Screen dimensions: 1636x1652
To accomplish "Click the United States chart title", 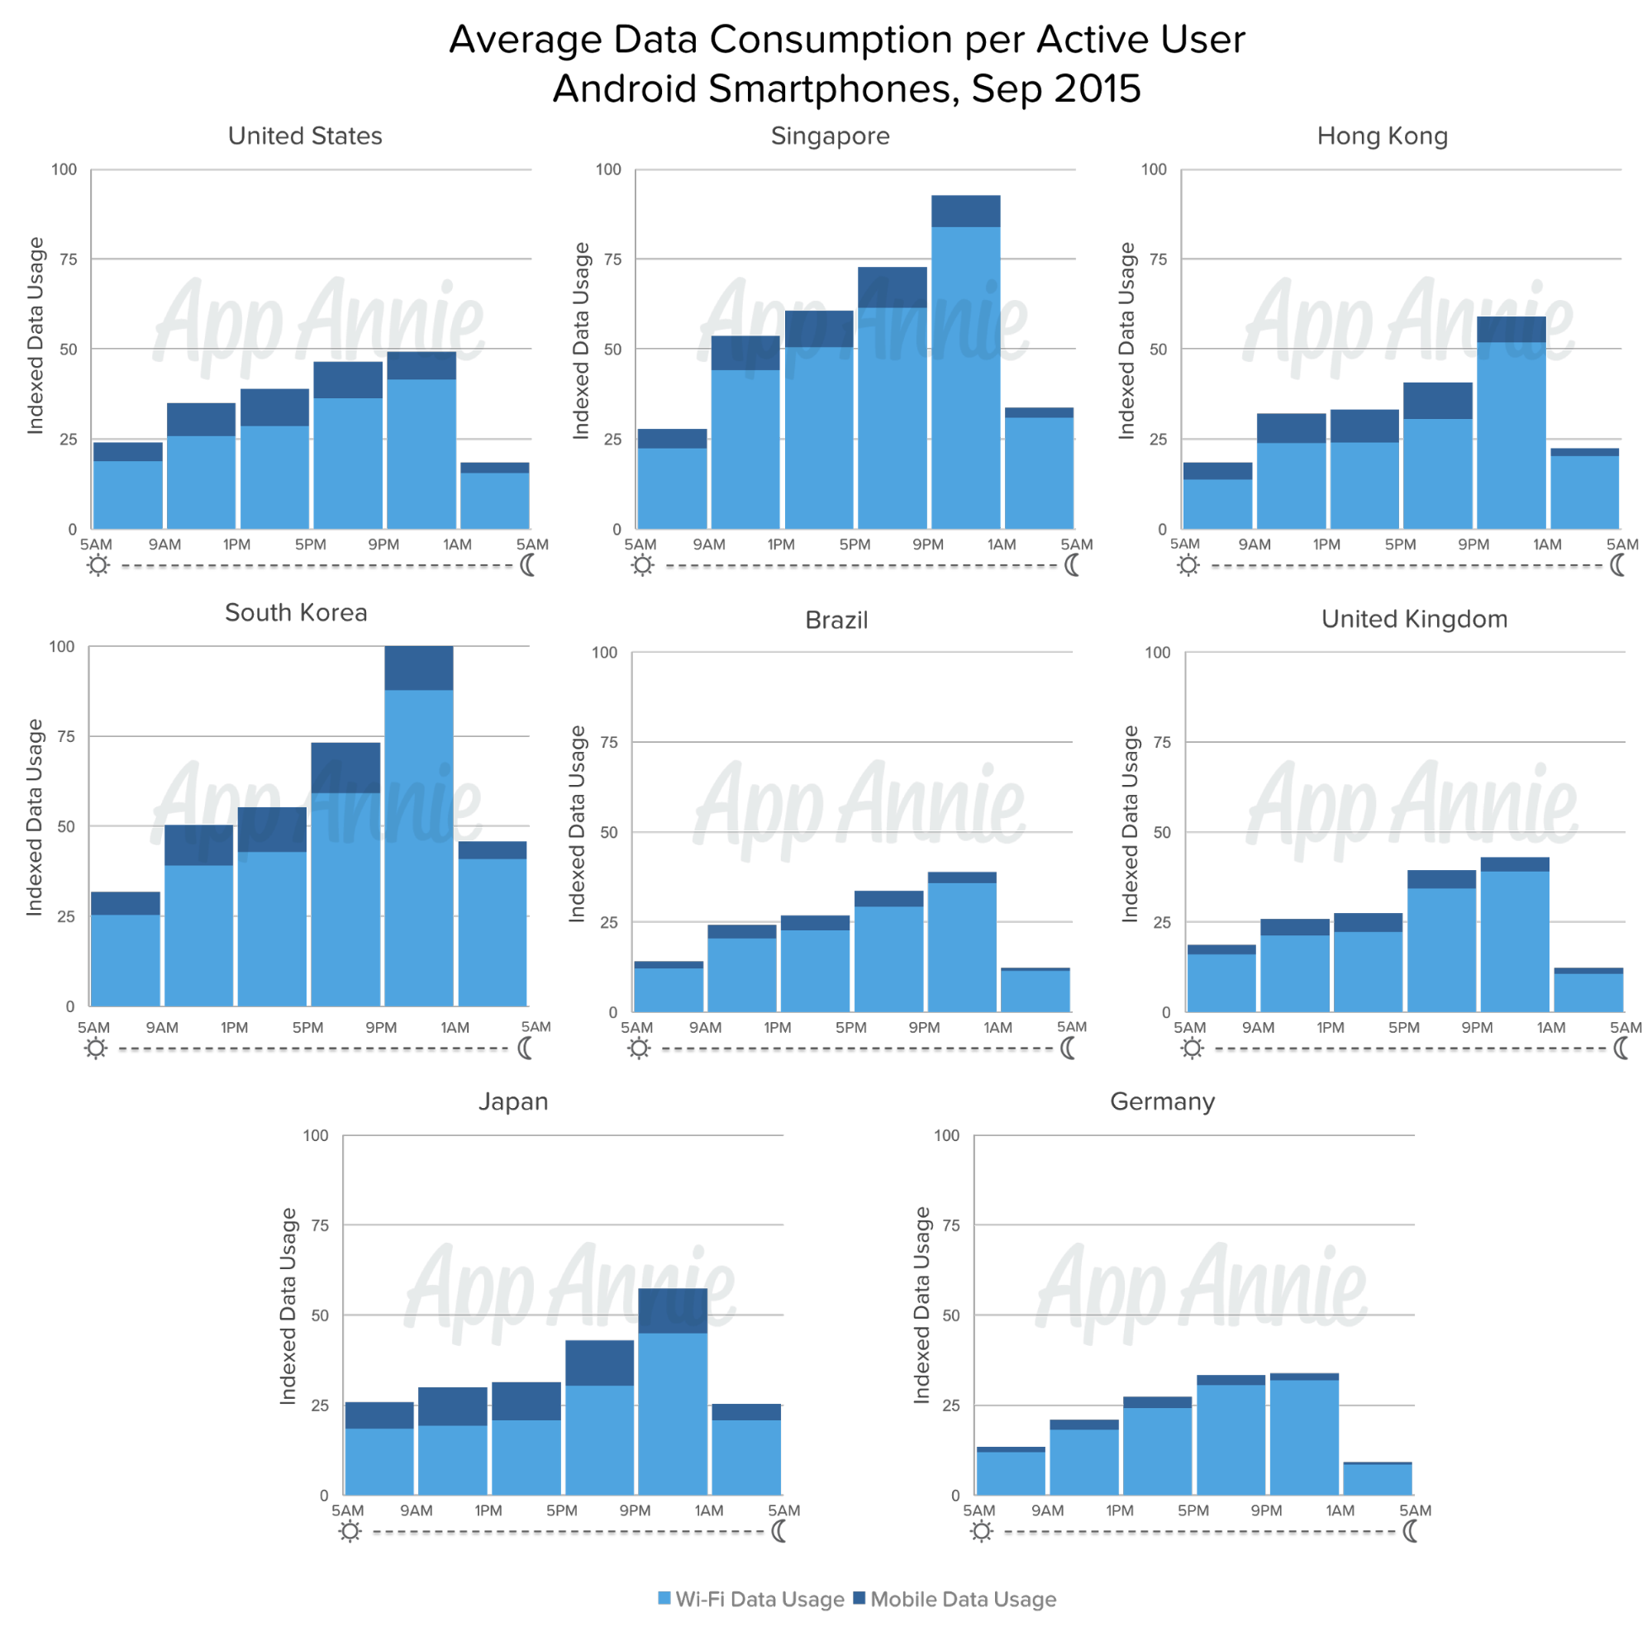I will (304, 136).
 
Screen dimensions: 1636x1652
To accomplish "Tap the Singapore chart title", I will (830, 136).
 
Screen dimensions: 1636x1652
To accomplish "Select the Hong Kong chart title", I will (1382, 136).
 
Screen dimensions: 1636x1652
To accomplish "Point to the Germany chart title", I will (1162, 1101).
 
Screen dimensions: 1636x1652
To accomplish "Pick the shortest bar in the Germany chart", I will (1378, 1478).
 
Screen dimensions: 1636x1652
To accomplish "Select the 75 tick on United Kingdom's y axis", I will (1160, 742).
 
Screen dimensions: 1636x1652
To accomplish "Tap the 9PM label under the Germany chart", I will (1266, 1510).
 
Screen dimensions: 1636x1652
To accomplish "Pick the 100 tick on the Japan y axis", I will (316, 1135).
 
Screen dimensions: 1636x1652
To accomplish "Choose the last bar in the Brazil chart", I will (1035, 990).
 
